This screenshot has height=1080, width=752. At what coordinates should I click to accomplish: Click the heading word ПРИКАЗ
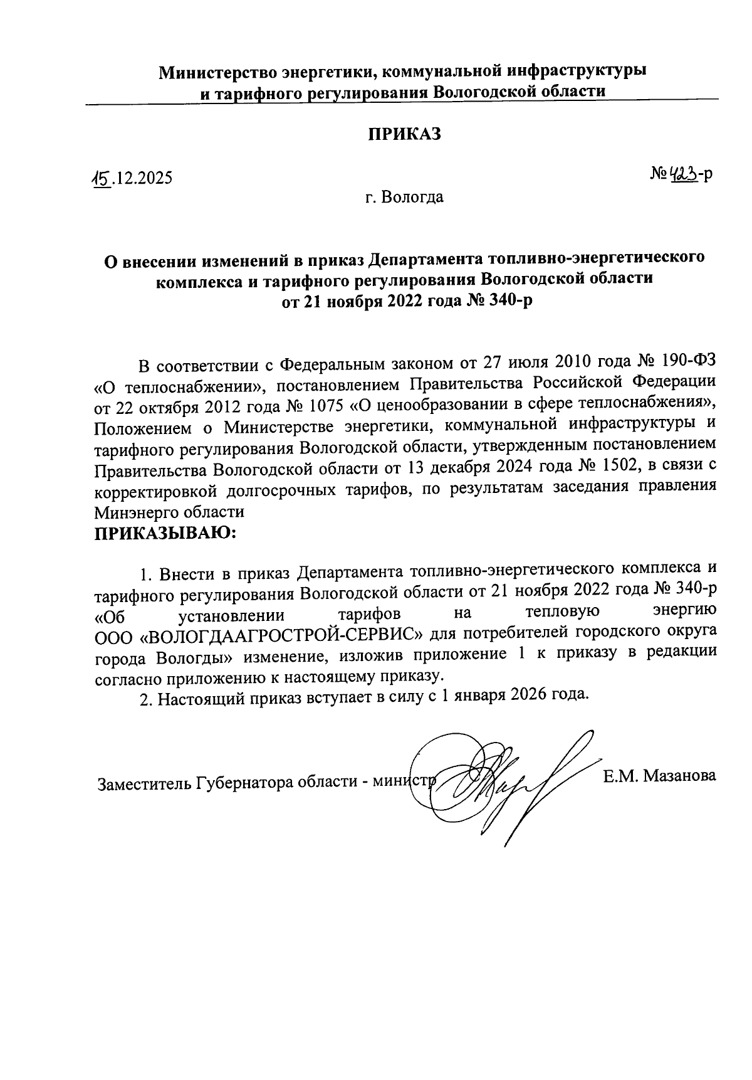click(404, 135)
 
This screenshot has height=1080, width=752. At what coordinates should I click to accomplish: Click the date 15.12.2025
click(131, 180)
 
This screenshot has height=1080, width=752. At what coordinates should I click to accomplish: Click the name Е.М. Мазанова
click(659, 776)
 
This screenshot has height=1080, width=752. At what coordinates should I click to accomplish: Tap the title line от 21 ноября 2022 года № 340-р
click(404, 300)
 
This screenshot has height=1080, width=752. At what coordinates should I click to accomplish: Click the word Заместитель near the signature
click(144, 784)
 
